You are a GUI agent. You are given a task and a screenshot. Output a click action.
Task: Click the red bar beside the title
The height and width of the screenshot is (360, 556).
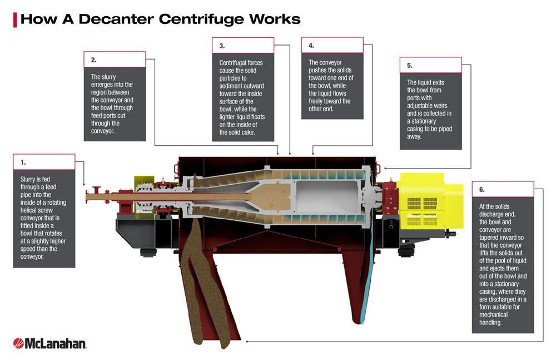[x=15, y=20]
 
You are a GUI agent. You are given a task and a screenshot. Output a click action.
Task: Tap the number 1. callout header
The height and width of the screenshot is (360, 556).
[x=44, y=162]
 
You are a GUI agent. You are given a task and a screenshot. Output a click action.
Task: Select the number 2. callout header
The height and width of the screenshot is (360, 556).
[x=115, y=60]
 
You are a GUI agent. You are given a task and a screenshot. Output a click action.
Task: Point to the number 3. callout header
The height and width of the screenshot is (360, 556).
[x=243, y=46]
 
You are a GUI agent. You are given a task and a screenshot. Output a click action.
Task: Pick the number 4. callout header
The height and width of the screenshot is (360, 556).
[x=332, y=45]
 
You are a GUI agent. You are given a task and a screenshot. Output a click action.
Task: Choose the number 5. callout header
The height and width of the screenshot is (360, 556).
[x=430, y=65]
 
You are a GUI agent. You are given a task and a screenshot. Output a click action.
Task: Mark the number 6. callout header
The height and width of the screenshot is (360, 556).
[x=503, y=189]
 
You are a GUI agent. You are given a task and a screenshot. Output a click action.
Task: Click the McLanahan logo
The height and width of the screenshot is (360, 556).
[x=49, y=343]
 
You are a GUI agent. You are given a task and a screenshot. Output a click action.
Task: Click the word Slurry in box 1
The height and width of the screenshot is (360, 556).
[x=28, y=179]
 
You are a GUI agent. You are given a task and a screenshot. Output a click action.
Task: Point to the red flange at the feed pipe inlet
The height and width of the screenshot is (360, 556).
[x=96, y=195]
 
